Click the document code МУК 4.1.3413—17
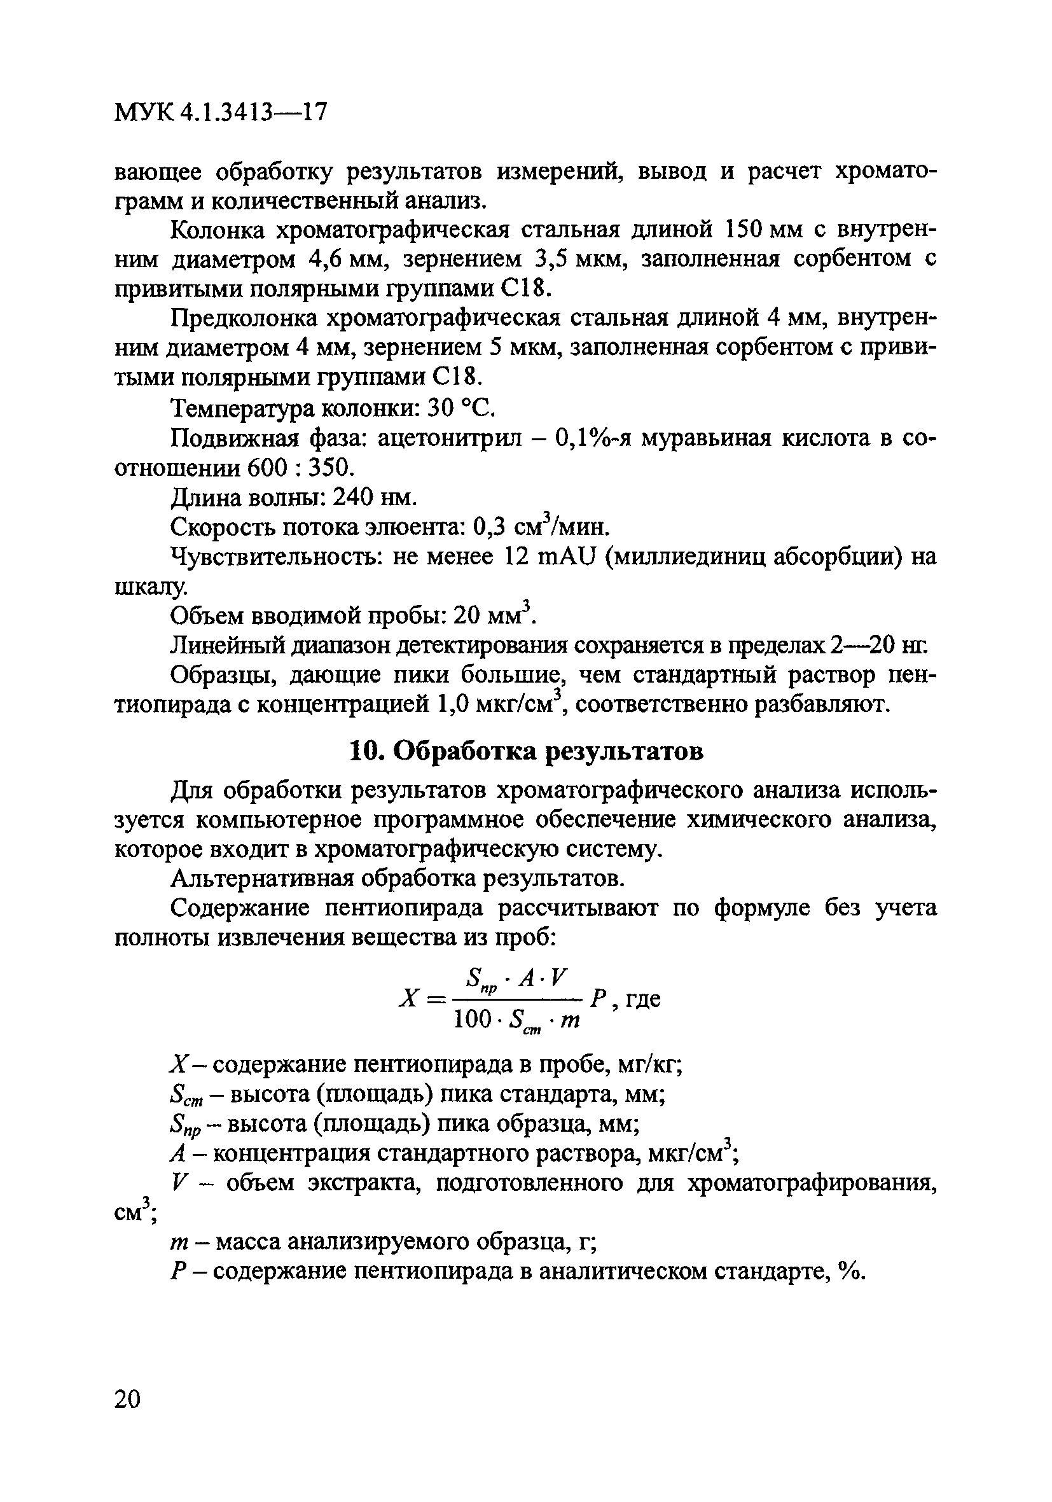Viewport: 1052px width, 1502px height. [x=220, y=113]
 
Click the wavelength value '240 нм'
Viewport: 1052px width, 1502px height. [x=374, y=498]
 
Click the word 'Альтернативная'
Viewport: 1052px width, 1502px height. [x=265, y=879]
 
